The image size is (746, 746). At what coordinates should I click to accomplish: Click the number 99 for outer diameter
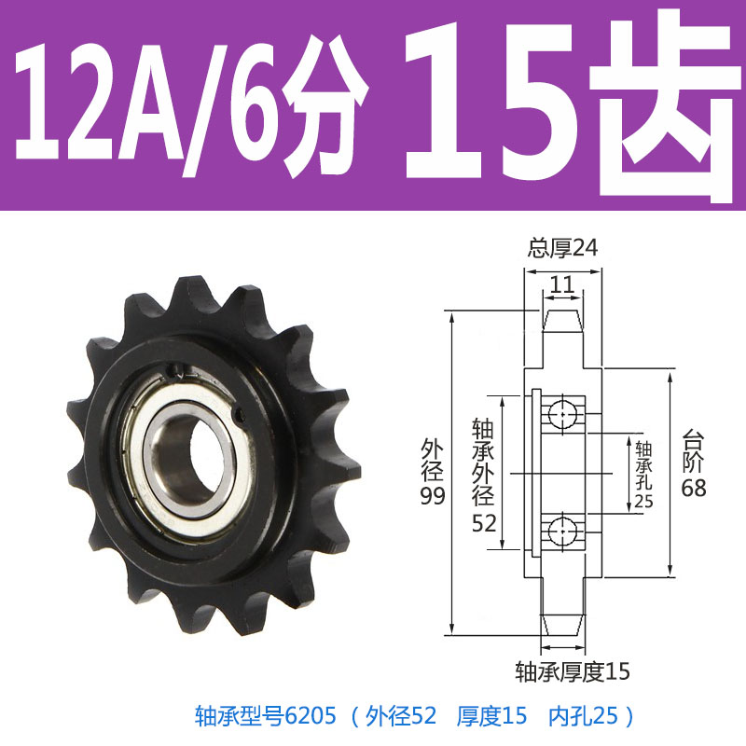tap(431, 496)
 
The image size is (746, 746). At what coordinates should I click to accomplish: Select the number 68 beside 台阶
tap(693, 488)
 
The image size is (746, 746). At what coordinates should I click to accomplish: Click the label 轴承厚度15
tap(573, 670)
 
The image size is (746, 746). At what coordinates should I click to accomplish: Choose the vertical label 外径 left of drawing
tap(431, 457)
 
